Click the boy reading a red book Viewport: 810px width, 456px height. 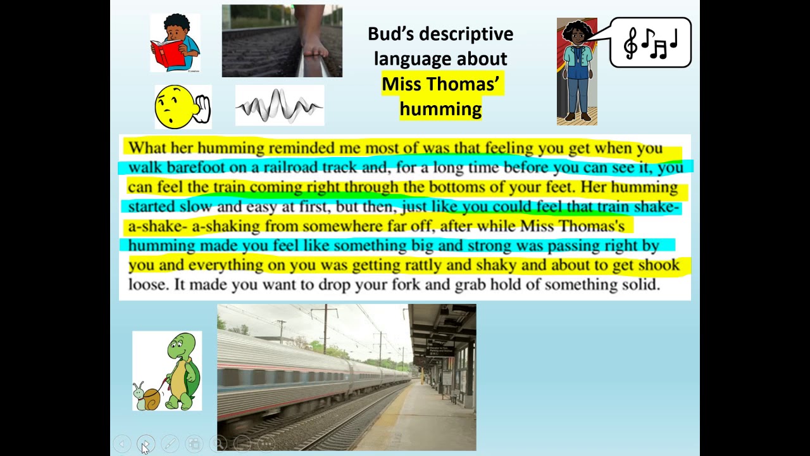pos(175,43)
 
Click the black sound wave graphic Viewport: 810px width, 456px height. pos(279,106)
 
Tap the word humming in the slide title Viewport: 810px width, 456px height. pos(440,109)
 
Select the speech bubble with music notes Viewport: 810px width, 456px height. pos(651,42)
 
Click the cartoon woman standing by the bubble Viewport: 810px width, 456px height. pos(577,71)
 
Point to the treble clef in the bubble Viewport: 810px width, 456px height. pos(631,42)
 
